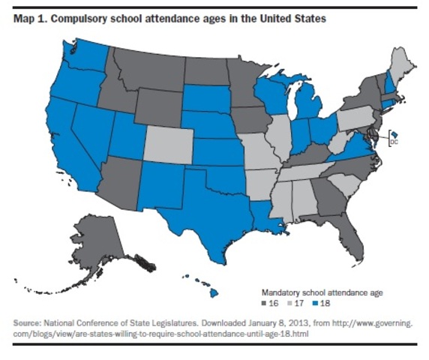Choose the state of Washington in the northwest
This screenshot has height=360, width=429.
(x=85, y=56)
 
